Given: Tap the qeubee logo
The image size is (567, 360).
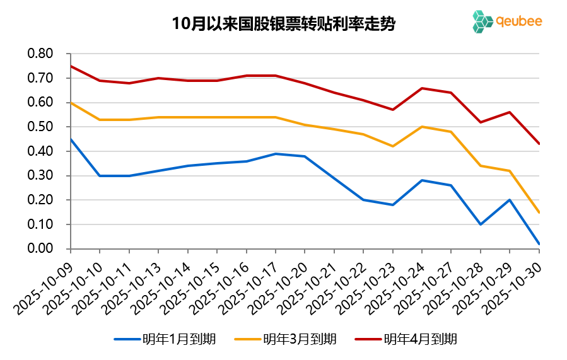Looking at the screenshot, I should click(506, 21).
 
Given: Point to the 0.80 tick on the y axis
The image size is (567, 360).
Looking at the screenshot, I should click(40, 54).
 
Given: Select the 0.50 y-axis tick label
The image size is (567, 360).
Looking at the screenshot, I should click(40, 127).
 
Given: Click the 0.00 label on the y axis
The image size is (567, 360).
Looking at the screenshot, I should click(40, 248).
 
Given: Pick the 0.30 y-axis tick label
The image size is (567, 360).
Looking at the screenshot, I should click(40, 176).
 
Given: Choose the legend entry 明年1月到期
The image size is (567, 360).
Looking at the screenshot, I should click(165, 339).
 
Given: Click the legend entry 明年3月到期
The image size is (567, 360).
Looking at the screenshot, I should click(286, 339).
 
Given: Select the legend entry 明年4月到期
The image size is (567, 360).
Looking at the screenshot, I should click(406, 339).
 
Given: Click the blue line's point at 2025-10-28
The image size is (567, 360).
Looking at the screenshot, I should click(481, 224).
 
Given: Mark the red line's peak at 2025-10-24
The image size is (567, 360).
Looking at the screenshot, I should click(422, 88).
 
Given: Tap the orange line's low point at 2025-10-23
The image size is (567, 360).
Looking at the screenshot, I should click(393, 146).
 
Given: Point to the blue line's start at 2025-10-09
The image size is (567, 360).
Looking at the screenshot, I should click(71, 139).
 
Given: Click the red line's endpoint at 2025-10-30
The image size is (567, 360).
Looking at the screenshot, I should click(539, 144).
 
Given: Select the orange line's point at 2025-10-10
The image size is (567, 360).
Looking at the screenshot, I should click(100, 120).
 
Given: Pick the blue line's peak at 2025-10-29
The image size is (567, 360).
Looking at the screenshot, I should click(510, 200).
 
